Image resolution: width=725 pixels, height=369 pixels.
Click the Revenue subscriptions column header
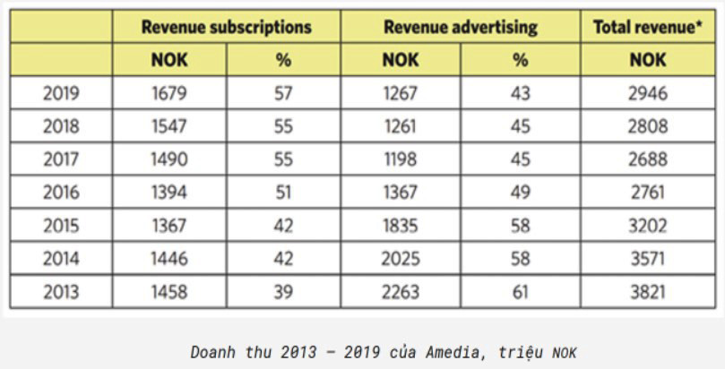pyautogui.click(x=226, y=27)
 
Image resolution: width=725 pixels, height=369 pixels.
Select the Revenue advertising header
pyautogui.click(x=460, y=27)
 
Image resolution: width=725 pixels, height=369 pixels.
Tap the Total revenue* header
pyautogui.click(x=648, y=27)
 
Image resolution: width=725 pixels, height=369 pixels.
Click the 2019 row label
pyautogui.click(x=61, y=93)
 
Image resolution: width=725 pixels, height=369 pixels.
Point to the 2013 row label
pyautogui.click(x=61, y=292)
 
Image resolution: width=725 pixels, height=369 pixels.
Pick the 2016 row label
pyautogui.click(x=61, y=193)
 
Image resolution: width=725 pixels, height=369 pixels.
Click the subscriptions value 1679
pyautogui.click(x=169, y=93)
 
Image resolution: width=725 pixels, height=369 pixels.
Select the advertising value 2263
pyautogui.click(x=400, y=292)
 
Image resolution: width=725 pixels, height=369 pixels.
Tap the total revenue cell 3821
pyautogui.click(x=648, y=292)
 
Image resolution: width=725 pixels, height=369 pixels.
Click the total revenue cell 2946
pyautogui.click(x=648, y=93)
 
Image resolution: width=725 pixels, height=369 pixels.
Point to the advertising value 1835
pyautogui.click(x=400, y=226)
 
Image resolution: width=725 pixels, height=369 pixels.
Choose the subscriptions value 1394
pyautogui.click(x=169, y=193)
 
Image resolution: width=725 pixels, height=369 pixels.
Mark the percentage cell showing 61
pyautogui.click(x=520, y=292)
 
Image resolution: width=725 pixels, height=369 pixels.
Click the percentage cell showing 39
pyautogui.click(x=283, y=292)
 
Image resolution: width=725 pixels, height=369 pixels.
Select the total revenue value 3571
pyautogui.click(x=648, y=259)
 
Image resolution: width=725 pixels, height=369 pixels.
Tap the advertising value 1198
pyautogui.click(x=400, y=159)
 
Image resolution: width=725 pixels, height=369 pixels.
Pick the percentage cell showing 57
pyautogui.click(x=283, y=93)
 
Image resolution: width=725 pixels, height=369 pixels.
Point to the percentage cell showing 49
pyautogui.click(x=520, y=193)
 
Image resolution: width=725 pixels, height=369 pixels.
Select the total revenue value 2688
pyautogui.click(x=648, y=159)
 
